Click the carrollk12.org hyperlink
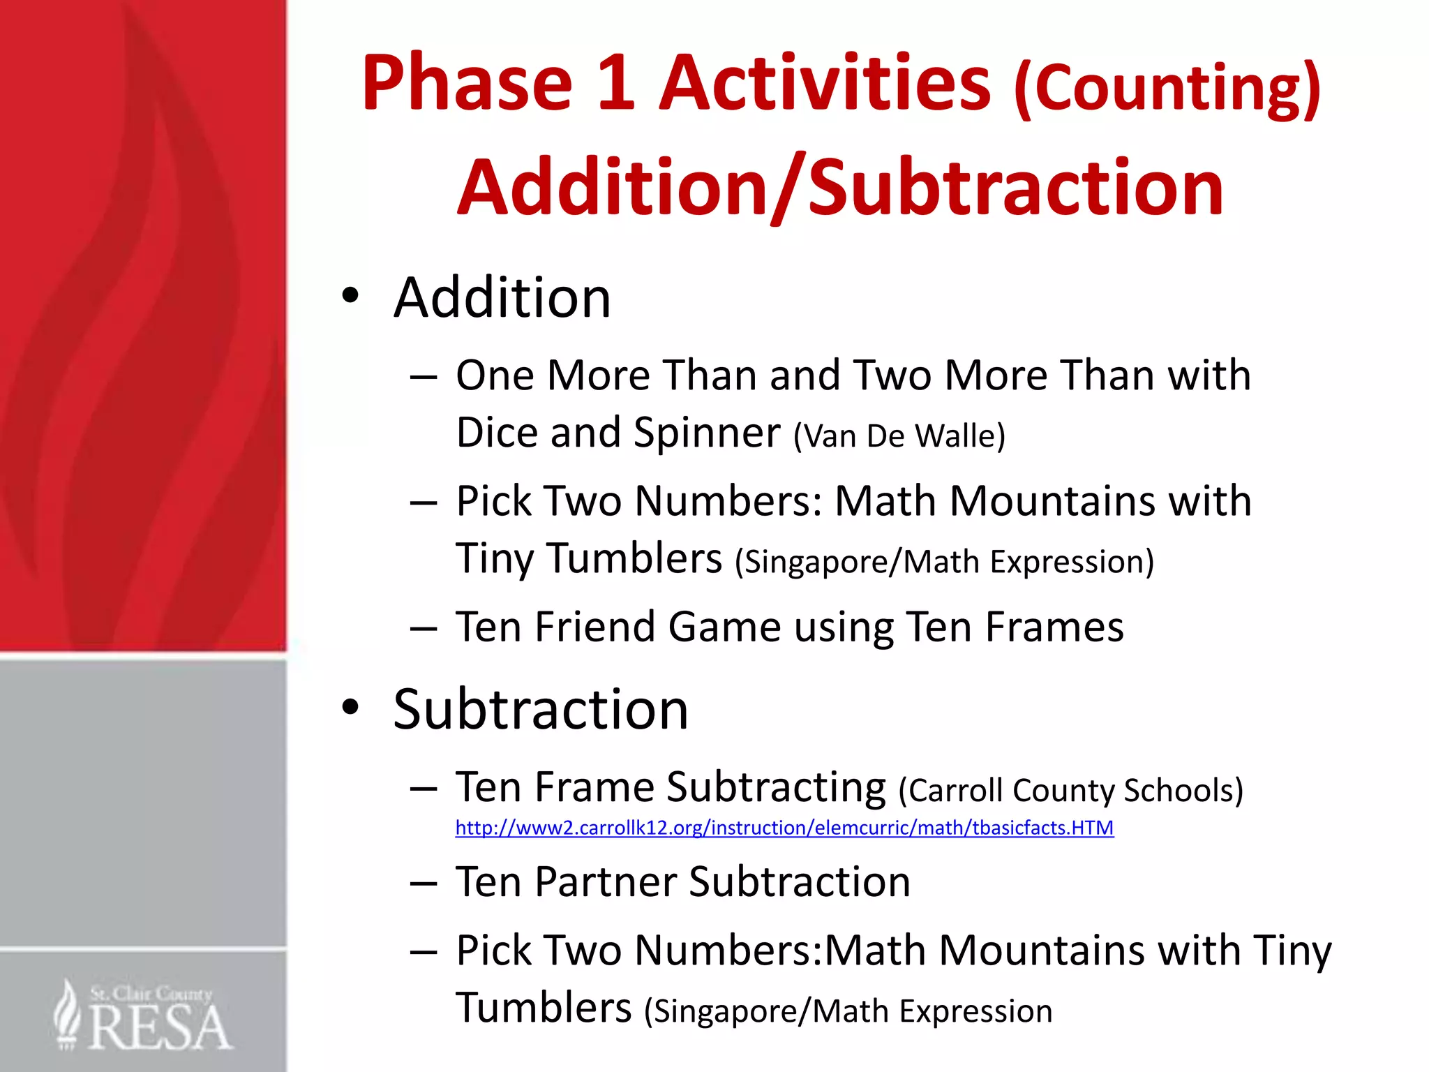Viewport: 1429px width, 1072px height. [x=784, y=828]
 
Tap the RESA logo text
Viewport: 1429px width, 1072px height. [x=160, y=1028]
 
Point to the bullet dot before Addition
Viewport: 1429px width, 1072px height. [x=350, y=296]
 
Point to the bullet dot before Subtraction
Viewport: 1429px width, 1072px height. [x=350, y=708]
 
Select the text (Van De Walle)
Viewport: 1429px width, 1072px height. [x=899, y=436]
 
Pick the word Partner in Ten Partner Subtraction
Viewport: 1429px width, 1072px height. [x=606, y=881]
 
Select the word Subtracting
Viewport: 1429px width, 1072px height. [x=776, y=788]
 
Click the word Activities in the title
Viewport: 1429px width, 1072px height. [x=825, y=84]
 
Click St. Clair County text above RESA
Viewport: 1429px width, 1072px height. [x=151, y=993]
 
